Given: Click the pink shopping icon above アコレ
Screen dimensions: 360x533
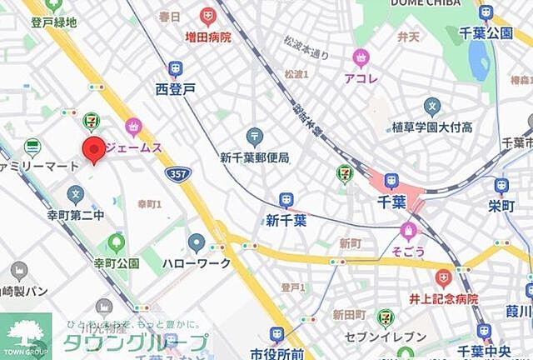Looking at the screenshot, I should coord(361,57).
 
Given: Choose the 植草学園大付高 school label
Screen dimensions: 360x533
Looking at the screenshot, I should coord(432,127).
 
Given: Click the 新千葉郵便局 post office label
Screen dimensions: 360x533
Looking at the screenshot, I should coord(254,157).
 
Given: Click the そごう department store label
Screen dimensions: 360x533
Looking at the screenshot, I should coord(407,250).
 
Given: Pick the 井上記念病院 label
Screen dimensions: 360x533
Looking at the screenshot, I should coord(443,298).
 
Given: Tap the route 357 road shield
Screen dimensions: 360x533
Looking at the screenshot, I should coord(182,173).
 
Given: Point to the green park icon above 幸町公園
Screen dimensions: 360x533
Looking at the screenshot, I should coord(116,243).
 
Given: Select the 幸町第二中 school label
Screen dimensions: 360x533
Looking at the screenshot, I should coord(76,215).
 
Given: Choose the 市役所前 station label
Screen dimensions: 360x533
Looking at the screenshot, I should coord(277,352).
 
